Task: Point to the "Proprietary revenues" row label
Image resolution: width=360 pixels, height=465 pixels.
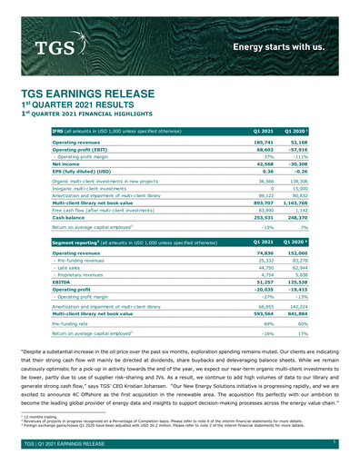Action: click(80, 275)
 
